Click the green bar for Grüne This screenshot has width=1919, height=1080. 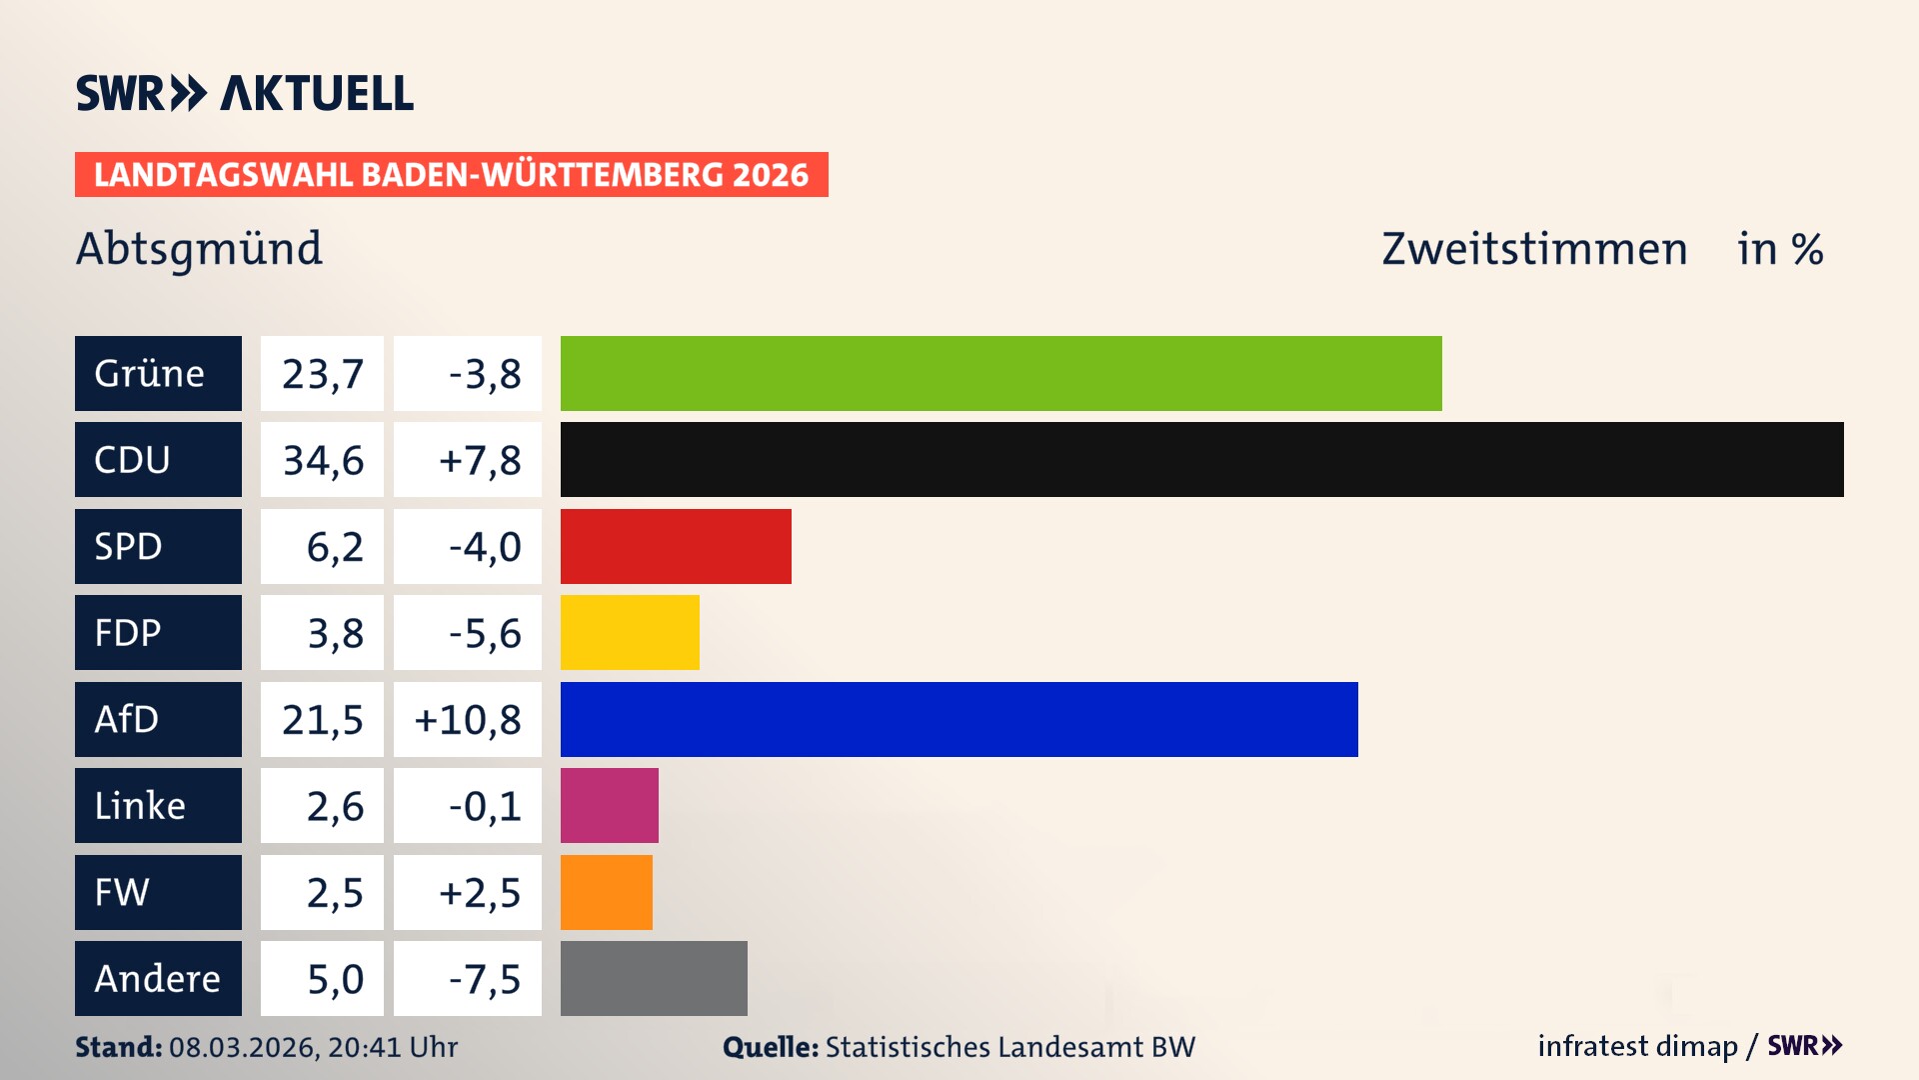(x=1000, y=373)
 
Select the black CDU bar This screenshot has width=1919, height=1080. (x=1201, y=459)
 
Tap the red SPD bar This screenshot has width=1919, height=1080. (x=676, y=546)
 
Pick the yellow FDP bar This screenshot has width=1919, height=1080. (x=630, y=632)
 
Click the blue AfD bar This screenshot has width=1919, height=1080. (x=959, y=719)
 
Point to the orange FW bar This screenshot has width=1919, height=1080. (x=606, y=892)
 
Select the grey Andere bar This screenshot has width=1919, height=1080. (x=654, y=978)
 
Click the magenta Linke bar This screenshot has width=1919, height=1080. (x=609, y=805)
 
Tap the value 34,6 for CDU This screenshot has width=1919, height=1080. (x=323, y=460)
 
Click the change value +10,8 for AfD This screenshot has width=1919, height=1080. (x=468, y=720)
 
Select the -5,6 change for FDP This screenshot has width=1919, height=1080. (x=485, y=633)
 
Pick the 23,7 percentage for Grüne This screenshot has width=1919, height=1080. (x=323, y=374)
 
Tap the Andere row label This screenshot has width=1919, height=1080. (x=158, y=978)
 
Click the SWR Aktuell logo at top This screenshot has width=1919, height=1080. (x=245, y=93)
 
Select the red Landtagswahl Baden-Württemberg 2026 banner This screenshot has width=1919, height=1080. (x=451, y=174)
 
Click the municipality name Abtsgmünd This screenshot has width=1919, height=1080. (x=199, y=249)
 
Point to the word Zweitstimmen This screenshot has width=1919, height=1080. (x=1534, y=249)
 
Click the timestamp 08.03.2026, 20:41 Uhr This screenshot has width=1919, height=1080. (x=313, y=1047)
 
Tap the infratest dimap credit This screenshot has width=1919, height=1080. (x=1637, y=1046)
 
